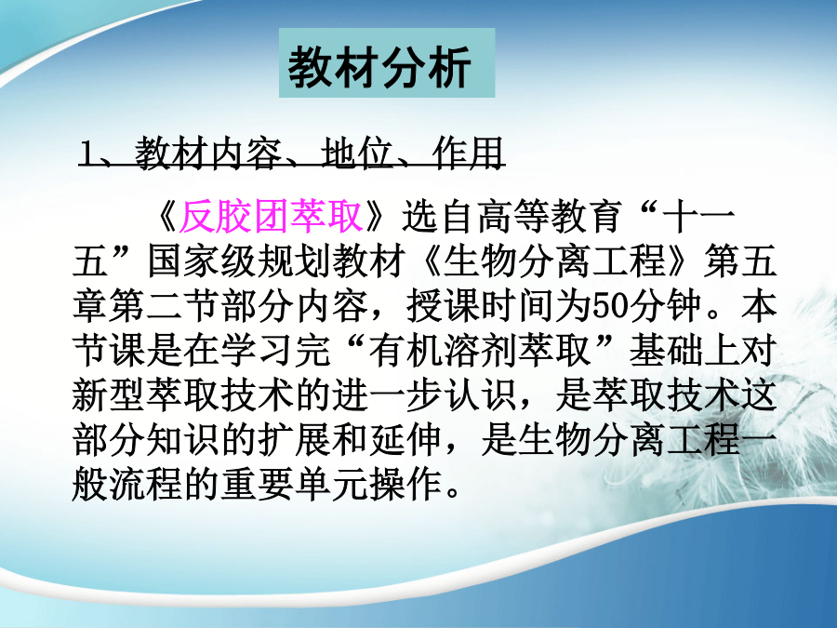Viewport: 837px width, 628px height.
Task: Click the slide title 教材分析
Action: tap(379, 67)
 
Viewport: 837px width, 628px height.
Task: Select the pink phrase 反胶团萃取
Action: tap(272, 217)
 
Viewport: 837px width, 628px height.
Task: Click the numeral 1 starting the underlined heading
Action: tap(87, 154)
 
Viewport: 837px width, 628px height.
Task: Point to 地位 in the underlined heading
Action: tap(356, 154)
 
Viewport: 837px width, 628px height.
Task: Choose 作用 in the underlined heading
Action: tap(468, 154)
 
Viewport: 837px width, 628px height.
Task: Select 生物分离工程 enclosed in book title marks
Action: tap(553, 261)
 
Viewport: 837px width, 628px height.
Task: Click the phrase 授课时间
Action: tap(480, 306)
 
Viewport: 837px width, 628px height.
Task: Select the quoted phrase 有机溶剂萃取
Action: tap(479, 352)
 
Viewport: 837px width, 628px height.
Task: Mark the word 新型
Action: tap(109, 396)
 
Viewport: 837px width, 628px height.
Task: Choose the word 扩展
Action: tap(295, 441)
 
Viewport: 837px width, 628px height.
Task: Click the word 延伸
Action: tap(405, 441)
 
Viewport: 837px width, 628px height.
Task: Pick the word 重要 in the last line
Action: tap(258, 485)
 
